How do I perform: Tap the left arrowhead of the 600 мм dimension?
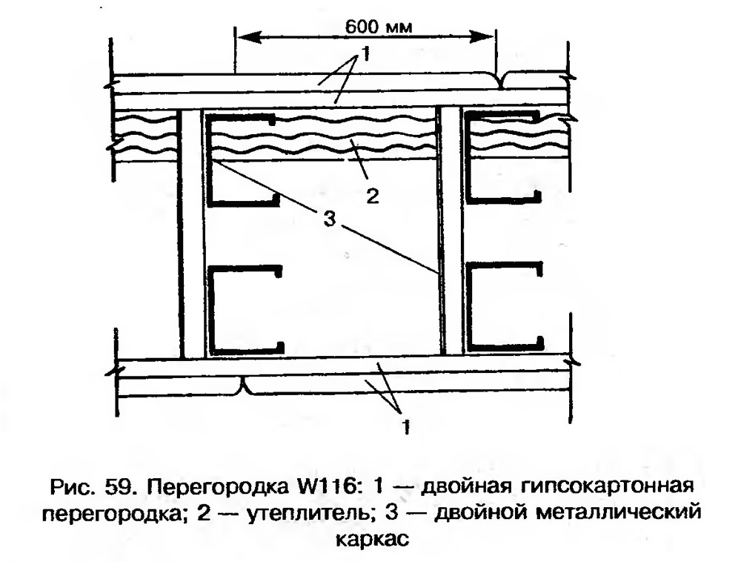tap(248, 37)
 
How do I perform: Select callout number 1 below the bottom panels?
tap(405, 426)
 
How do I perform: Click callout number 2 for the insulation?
tap(373, 195)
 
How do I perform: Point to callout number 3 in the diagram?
tap(330, 219)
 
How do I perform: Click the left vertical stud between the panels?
tap(191, 233)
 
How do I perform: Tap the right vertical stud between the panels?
tap(452, 231)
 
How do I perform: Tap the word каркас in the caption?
tap(373, 539)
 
